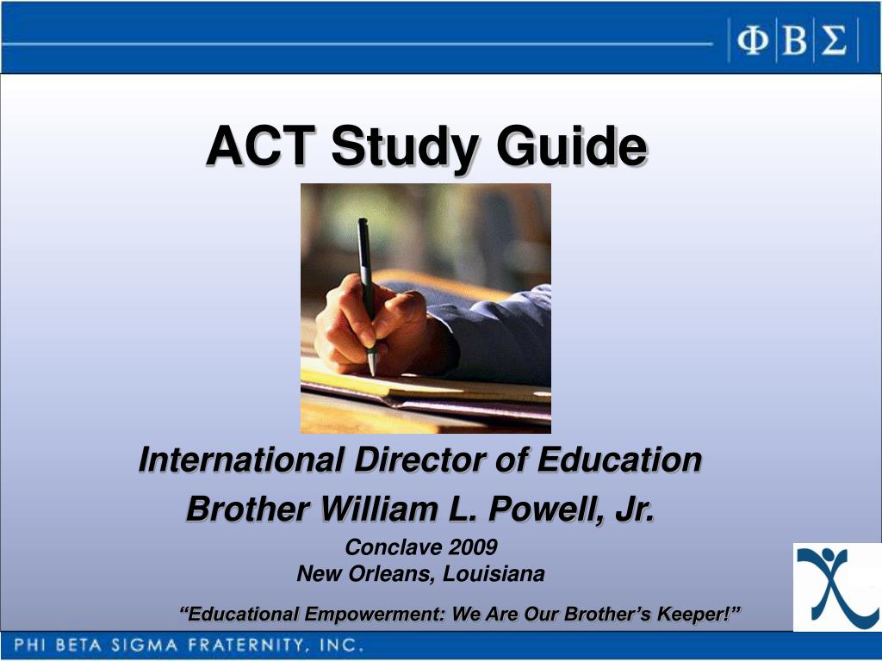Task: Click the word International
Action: (x=241, y=460)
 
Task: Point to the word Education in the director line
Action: (x=619, y=460)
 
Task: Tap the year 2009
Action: (x=473, y=547)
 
